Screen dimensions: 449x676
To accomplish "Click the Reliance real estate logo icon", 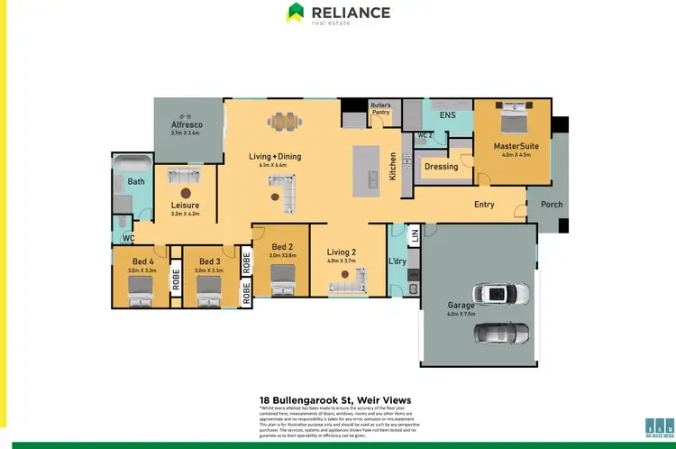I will point(295,13).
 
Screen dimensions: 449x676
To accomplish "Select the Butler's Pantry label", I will point(381,109).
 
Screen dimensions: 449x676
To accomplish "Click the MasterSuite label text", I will point(516,145).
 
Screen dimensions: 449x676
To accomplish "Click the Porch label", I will point(552,205).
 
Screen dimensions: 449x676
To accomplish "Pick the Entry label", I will point(484,205).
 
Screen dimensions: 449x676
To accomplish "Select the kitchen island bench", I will point(364,170).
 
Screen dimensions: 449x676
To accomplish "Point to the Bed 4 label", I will point(142,261).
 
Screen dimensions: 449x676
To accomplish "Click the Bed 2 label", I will point(281,247).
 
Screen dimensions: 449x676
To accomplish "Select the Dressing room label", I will point(441,166).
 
